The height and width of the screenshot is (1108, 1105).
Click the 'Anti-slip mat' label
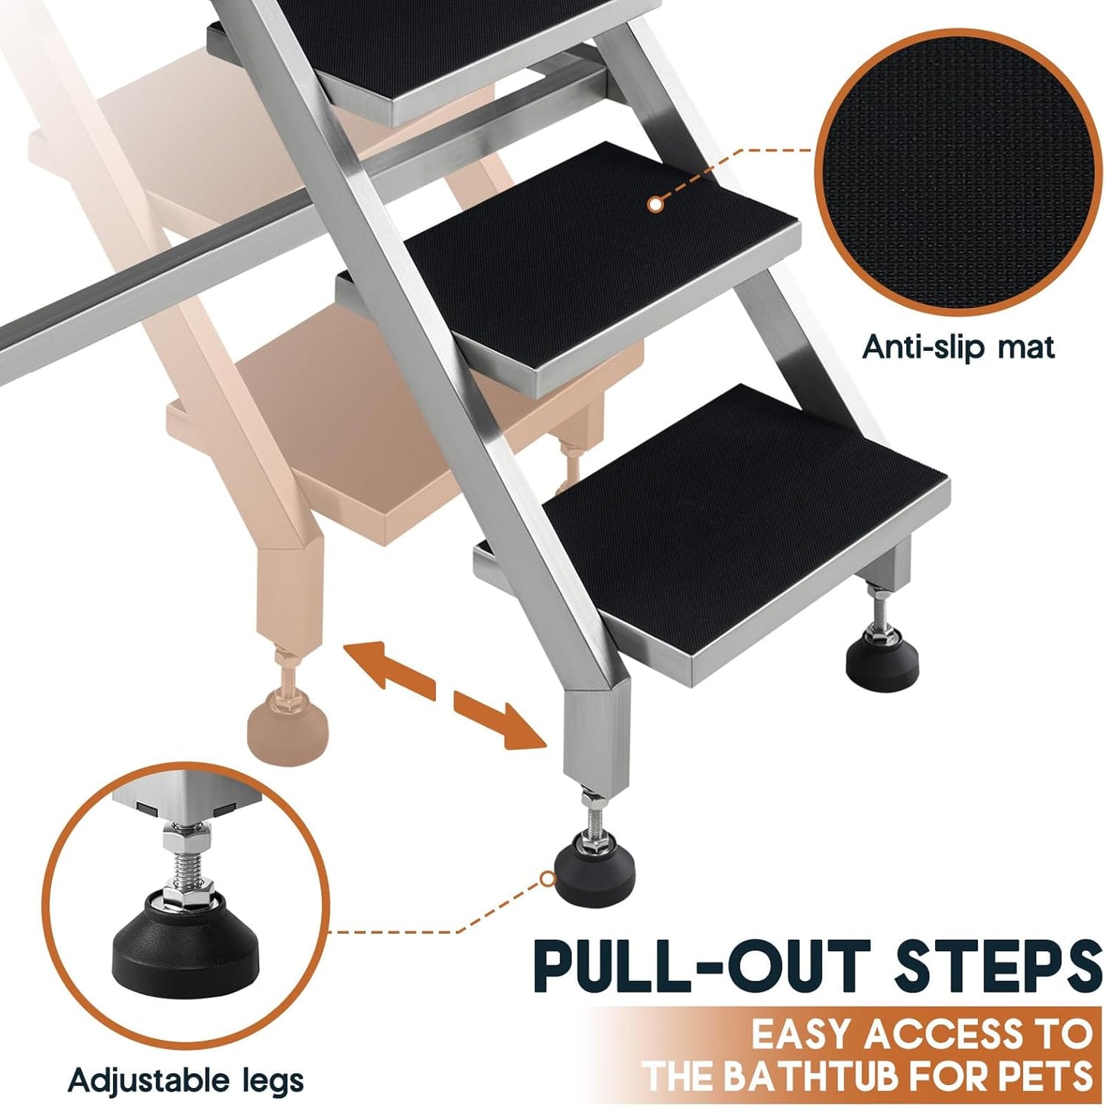point(958,347)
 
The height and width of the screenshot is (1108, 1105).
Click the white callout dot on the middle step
point(654,203)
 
